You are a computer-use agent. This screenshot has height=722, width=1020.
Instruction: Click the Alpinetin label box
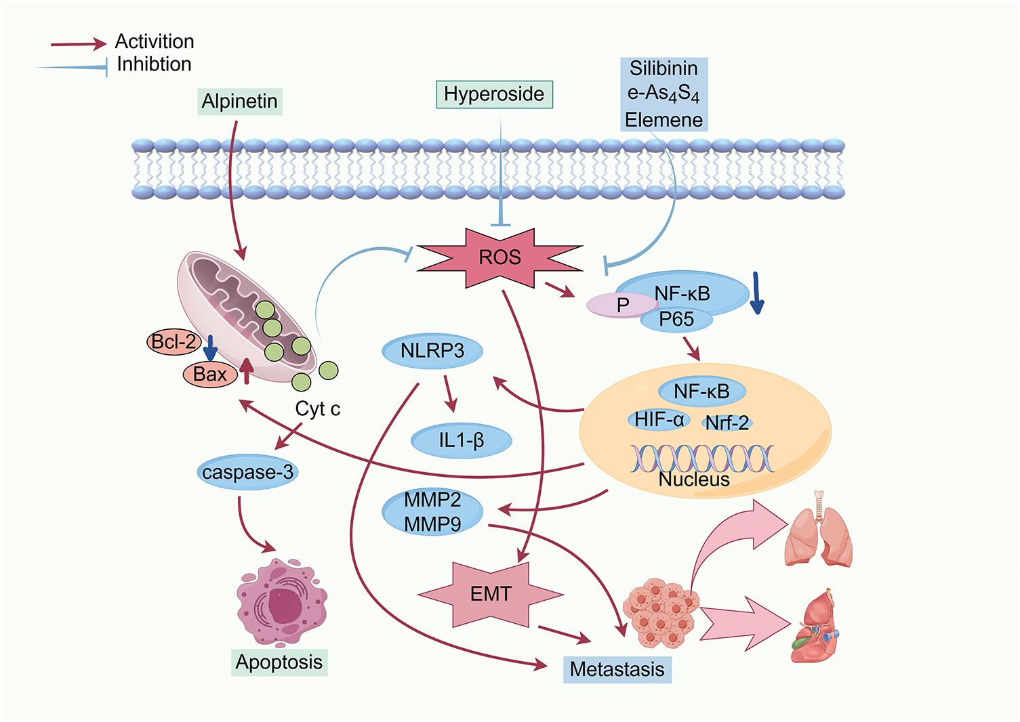coord(239,101)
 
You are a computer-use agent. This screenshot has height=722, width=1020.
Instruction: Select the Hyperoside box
coord(494,94)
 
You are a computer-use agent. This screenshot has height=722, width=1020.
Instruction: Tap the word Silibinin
coord(664,68)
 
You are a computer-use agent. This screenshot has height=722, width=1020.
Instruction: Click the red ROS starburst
coord(499,257)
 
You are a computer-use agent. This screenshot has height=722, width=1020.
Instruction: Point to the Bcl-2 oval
coord(174,341)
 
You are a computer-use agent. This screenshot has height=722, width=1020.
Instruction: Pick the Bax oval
coord(210,375)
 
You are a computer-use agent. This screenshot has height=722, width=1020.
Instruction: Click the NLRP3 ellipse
coord(432,351)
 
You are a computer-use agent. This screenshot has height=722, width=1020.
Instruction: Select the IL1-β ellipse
coord(462,440)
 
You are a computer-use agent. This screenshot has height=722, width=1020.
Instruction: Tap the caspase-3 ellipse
coord(248,472)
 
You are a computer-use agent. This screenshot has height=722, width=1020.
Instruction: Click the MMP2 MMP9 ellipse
coord(432,512)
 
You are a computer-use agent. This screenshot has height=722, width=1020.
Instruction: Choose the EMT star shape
coord(491,594)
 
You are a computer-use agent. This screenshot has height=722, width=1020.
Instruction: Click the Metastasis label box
coord(617,669)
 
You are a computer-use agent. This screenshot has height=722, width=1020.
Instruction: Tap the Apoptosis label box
coord(279,662)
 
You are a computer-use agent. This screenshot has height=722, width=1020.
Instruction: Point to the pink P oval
coord(622,305)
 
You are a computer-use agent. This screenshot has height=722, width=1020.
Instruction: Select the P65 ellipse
coord(676,320)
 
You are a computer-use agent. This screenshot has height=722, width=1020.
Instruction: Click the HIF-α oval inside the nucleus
coord(659,419)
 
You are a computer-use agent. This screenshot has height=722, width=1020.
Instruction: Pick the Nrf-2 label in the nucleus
coord(727,423)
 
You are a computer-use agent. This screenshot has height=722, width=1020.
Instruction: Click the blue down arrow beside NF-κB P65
coord(756,293)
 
